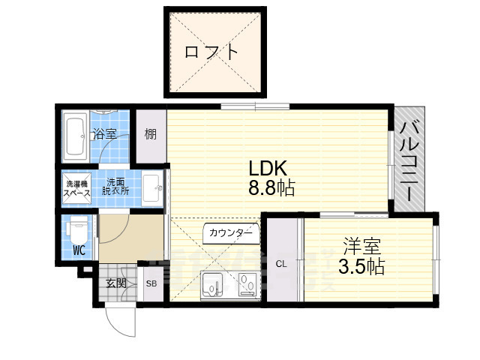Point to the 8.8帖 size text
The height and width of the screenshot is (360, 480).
pyautogui.click(x=271, y=189)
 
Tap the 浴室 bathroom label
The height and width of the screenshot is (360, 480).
pyautogui.click(x=104, y=135)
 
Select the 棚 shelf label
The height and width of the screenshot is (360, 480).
pyautogui.click(x=151, y=135)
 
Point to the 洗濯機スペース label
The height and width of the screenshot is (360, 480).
pyautogui.click(x=76, y=188)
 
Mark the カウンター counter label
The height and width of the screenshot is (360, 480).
pyautogui.click(x=231, y=233)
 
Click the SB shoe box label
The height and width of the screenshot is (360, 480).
pyautogui.click(x=151, y=283)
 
